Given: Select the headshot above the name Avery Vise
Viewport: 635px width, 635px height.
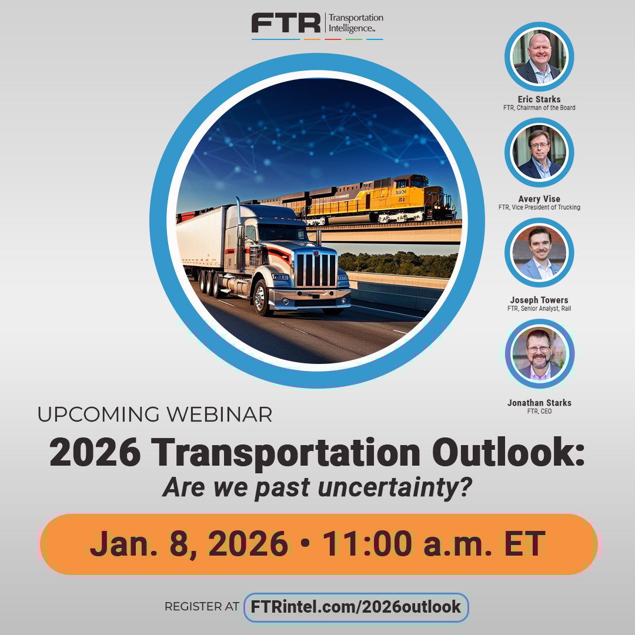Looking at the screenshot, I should pyautogui.click(x=539, y=153).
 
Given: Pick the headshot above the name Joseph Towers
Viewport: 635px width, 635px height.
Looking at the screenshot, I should pyautogui.click(x=539, y=253).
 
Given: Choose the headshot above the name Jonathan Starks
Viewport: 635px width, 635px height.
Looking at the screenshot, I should pyautogui.click(x=539, y=354).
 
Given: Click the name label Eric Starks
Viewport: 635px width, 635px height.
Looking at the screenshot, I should pyautogui.click(x=539, y=99).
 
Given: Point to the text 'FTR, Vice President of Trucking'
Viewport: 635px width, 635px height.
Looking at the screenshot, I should pyautogui.click(x=539, y=207).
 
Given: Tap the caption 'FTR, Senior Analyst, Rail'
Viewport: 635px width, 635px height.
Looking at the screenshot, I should pyautogui.click(x=539, y=308).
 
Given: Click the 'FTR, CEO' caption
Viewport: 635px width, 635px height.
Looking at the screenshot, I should pyautogui.click(x=539, y=411).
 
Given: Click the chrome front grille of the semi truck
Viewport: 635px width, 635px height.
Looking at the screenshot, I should pyautogui.click(x=316, y=270).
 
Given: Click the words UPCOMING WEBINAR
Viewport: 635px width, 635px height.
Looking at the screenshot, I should pyautogui.click(x=155, y=415).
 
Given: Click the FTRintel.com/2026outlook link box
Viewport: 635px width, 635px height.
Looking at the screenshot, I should pyautogui.click(x=356, y=607).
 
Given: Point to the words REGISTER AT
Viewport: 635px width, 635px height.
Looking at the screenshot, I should pyautogui.click(x=202, y=607).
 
